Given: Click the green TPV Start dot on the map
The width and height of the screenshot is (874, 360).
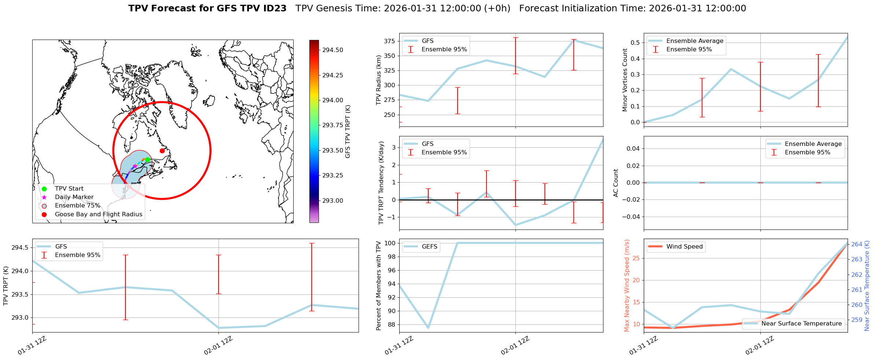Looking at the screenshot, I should pos(147,159).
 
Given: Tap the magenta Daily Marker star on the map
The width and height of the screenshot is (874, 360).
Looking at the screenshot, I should pos(135,166).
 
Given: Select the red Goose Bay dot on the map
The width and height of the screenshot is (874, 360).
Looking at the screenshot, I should pos(162,151).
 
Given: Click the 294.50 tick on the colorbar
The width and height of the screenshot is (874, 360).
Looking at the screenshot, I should pos(333,50).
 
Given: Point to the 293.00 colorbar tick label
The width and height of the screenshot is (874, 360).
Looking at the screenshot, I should pos(333,201).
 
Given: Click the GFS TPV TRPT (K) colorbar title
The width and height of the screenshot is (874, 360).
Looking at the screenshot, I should pos(348,132).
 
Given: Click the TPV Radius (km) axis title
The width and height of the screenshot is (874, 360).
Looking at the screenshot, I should pos(379,80).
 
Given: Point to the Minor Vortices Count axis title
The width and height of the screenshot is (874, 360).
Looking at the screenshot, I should pos(625,80).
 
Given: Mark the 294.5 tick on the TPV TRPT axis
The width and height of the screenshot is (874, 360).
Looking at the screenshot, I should pos(20,248).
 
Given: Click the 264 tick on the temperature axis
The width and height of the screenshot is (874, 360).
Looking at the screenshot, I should pos(856,244).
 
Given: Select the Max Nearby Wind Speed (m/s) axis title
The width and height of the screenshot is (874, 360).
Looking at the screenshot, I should pos(627,286).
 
